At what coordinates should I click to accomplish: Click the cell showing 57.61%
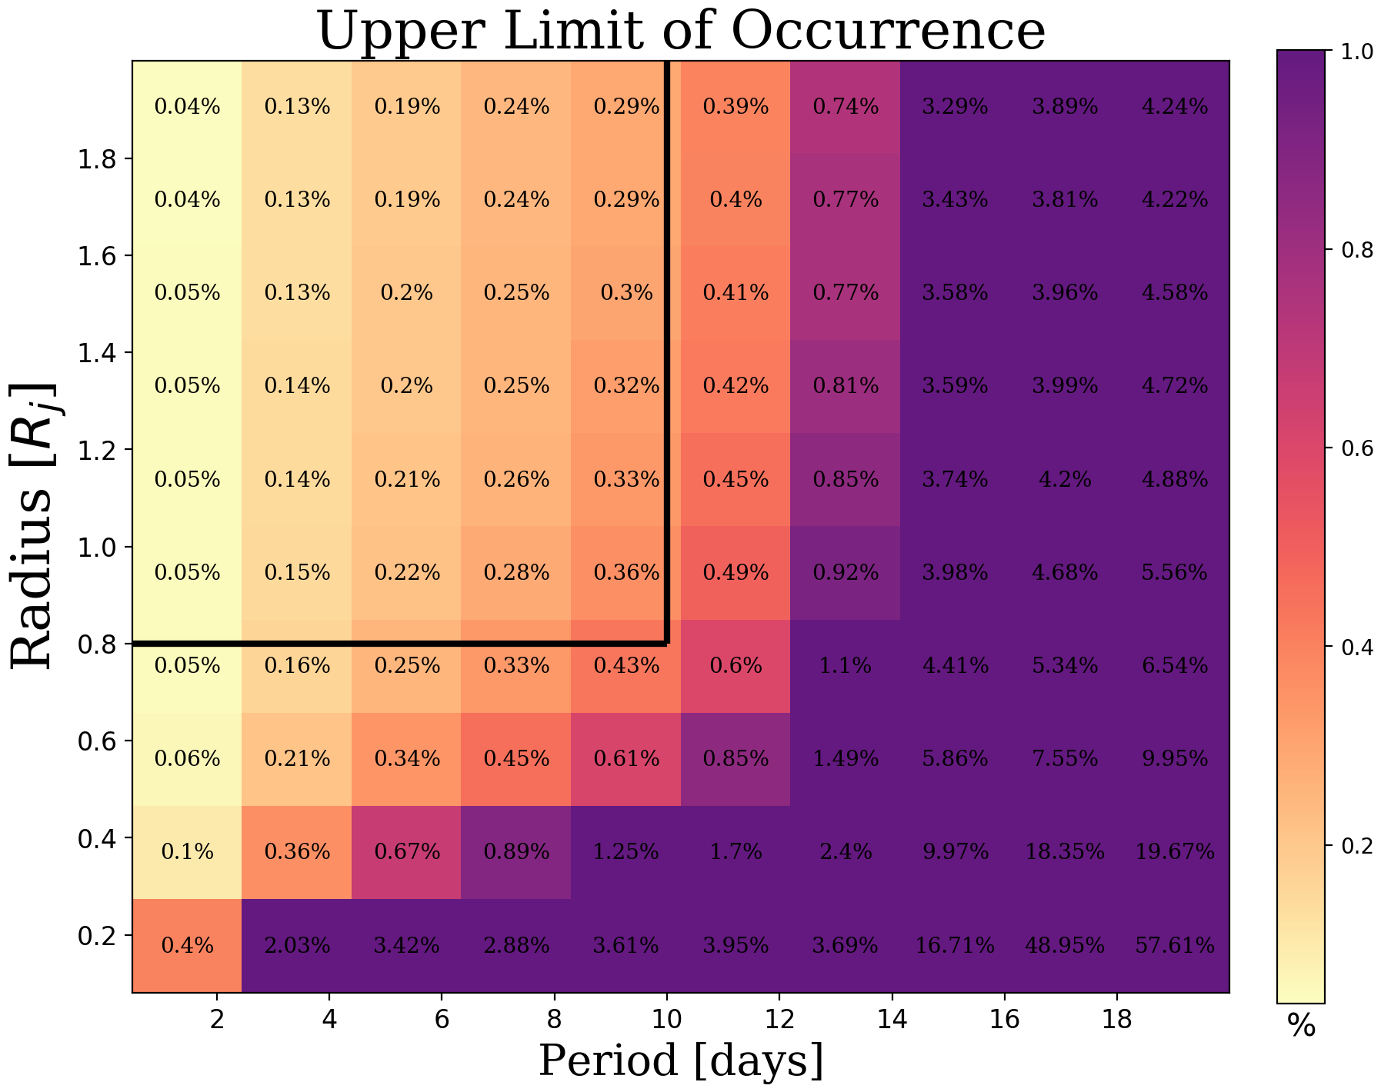1175,945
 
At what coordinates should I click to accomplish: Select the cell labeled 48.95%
1065,945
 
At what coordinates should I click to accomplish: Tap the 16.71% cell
955,945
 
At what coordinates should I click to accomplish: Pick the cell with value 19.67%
1175,852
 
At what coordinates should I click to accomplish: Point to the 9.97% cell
955,852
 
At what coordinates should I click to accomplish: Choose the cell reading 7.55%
1065,759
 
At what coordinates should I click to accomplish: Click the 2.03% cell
297,945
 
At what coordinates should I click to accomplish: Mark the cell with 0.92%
846,573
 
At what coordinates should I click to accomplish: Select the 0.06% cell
187,759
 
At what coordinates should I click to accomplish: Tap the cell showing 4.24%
1175,107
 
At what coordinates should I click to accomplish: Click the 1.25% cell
626,852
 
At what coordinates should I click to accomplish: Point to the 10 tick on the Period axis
667,1020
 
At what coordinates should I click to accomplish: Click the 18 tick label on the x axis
1117,1020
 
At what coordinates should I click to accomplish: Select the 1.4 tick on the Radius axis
96,353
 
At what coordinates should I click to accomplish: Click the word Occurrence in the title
888,32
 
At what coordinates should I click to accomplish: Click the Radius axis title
35,525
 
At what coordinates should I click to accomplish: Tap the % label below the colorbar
1301,1027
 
